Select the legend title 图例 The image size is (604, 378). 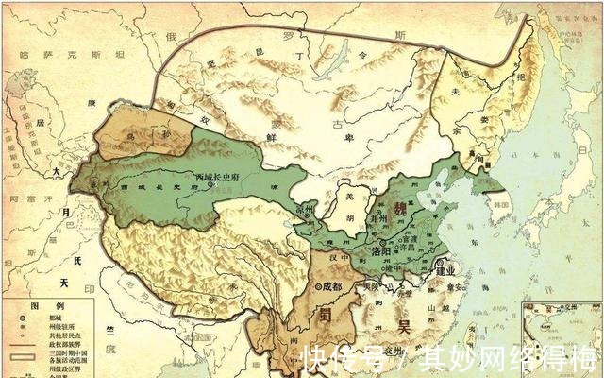tap(38, 305)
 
